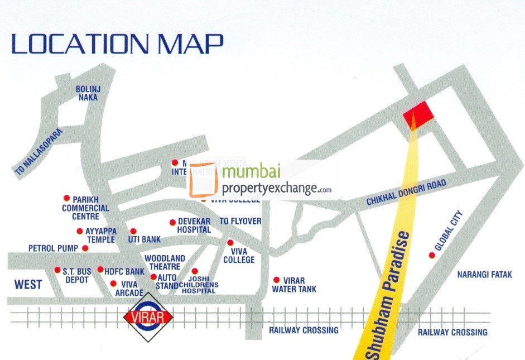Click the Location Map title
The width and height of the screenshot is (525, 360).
117,43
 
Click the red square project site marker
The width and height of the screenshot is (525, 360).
420,114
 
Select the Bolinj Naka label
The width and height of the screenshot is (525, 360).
88,93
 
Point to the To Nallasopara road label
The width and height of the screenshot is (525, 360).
40,153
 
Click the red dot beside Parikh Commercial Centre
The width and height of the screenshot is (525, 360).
66,198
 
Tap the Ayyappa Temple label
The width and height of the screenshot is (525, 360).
100,235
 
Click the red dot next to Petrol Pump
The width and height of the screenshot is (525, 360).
85,248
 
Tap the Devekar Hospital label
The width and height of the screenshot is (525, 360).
194,225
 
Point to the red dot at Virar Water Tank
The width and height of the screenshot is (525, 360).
276,280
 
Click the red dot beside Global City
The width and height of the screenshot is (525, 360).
431,256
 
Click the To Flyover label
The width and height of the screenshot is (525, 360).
240,221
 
